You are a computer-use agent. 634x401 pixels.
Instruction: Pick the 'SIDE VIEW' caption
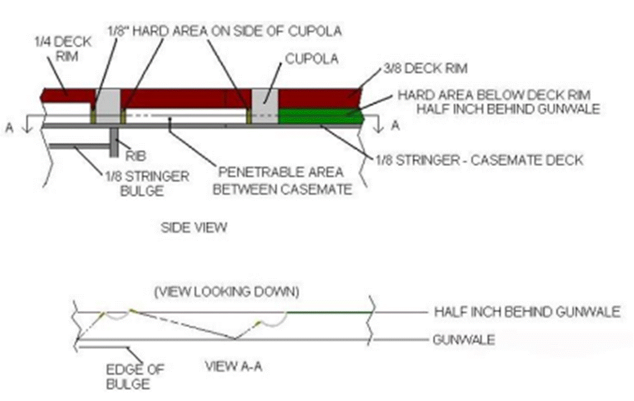[193, 227]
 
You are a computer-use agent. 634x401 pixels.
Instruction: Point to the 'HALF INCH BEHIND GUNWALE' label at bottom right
[527, 312]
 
